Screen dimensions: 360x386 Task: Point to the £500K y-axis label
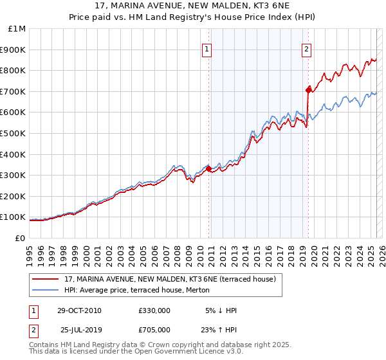coord(14,133)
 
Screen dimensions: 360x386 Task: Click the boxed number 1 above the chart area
coord(207,48)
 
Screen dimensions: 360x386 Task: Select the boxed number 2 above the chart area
coord(307,48)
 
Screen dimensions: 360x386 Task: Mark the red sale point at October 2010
coord(208,168)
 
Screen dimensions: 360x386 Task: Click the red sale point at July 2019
coord(308,90)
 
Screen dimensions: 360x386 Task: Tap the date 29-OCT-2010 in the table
coord(79,310)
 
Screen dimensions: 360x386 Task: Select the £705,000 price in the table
coord(154,329)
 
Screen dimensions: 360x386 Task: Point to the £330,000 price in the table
coord(154,310)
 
